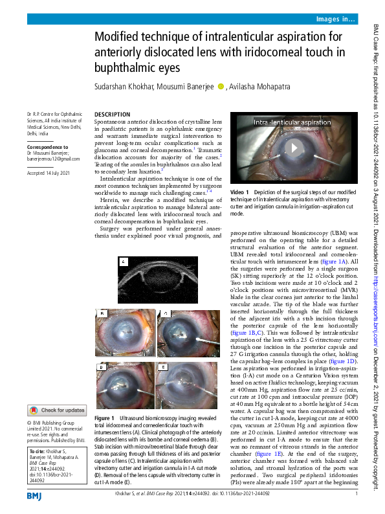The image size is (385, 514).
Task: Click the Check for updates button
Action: pos(56,410)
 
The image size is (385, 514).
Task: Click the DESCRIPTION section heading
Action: pos(111,114)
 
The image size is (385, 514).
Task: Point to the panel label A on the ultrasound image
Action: pos(125,262)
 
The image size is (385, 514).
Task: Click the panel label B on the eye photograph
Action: pos(102,314)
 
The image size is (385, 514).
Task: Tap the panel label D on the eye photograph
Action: pos(102,367)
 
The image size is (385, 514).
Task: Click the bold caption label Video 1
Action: pos(239,192)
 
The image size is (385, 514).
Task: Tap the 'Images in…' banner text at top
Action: pos(335,20)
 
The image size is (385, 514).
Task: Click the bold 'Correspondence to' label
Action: pos(49,148)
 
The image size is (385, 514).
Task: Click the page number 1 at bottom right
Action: pos(357,494)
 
